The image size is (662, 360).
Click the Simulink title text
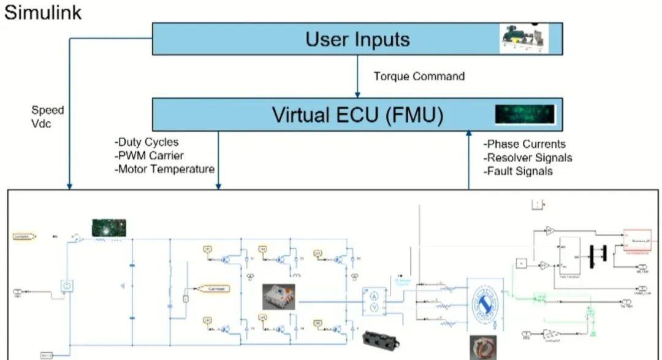[43, 12]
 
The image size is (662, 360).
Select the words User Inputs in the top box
[357, 39]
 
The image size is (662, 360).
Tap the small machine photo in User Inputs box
[524, 38]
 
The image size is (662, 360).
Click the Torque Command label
[419, 77]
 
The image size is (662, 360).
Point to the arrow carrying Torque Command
[357, 76]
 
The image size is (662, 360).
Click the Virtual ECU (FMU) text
[357, 114]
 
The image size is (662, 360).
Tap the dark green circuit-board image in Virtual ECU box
[525, 114]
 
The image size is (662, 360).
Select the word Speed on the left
[48, 110]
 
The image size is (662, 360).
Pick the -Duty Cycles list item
[146, 142]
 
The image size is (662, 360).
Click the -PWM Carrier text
[149, 156]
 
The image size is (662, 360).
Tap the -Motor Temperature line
[164, 169]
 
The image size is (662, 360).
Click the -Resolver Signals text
[528, 158]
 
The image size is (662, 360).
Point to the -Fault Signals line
[518, 171]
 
